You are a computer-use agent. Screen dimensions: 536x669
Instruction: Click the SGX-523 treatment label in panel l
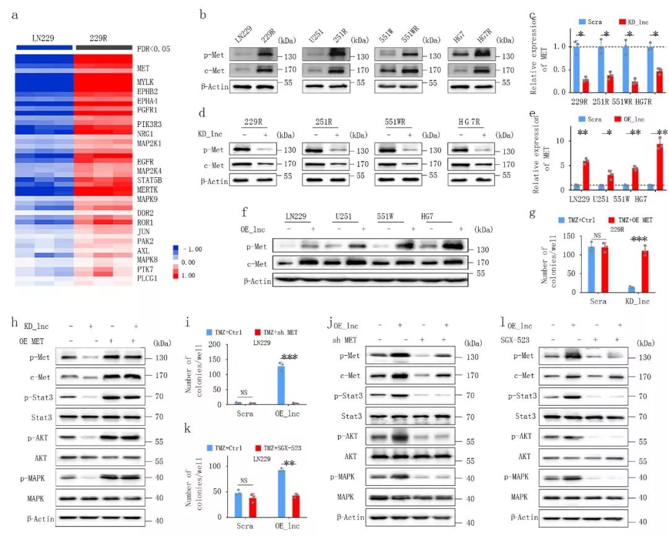(521, 338)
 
